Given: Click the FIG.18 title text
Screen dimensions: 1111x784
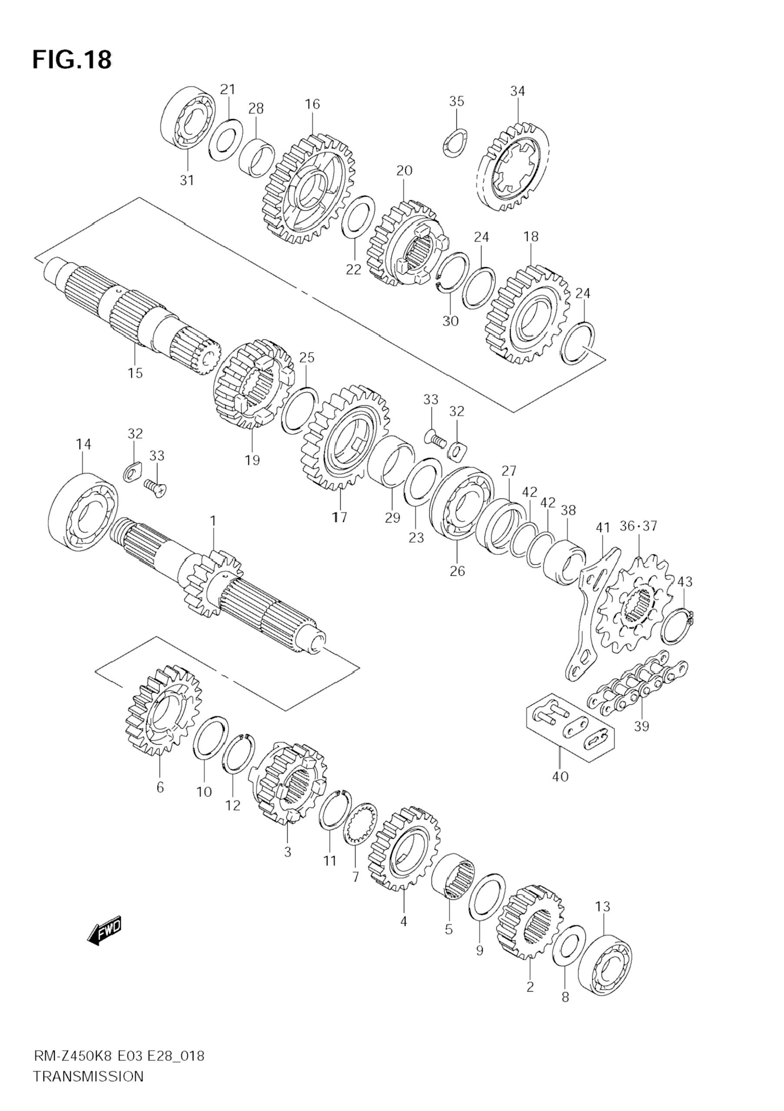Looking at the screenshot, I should click(72, 60).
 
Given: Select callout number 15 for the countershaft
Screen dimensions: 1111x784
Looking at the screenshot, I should click(136, 373).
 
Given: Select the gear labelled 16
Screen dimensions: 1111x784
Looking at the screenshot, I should click(308, 189).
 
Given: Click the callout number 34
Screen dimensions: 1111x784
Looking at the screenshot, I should click(517, 91).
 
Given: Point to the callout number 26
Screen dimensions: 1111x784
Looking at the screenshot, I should click(457, 571).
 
